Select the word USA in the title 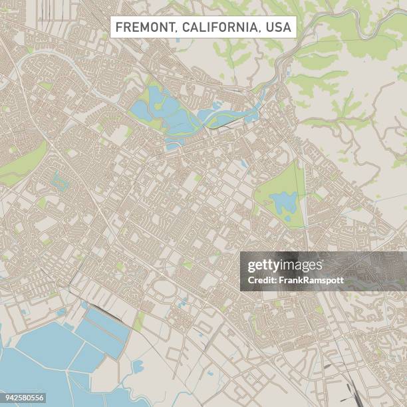(x=278, y=27)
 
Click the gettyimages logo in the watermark (x=284, y=266)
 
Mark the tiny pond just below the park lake (x=287, y=217)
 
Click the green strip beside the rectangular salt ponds (x=139, y=322)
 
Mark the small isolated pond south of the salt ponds (x=138, y=366)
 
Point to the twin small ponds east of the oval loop (x=182, y=303)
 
